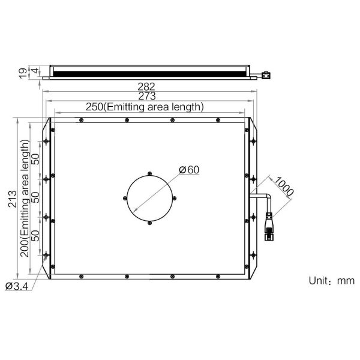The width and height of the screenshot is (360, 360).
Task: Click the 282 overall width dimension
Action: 146,86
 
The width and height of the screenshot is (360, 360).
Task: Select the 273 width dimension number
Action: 147,96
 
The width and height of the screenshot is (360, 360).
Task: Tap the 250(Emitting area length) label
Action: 145,107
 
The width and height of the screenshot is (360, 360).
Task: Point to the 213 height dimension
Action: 13,199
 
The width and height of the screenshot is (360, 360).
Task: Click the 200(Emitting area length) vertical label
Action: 25,198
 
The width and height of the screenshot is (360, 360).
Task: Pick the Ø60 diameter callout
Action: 189,170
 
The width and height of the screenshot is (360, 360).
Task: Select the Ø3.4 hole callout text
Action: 16,286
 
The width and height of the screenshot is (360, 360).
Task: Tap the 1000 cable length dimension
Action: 284,186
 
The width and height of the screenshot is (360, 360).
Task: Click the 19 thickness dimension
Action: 23,73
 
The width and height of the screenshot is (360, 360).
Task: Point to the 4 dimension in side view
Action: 35,70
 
